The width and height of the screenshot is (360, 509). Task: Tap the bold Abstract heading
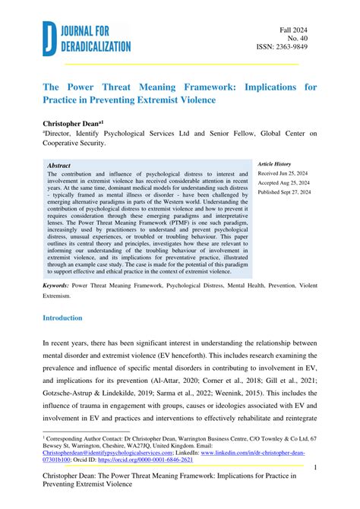pos(59,165)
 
